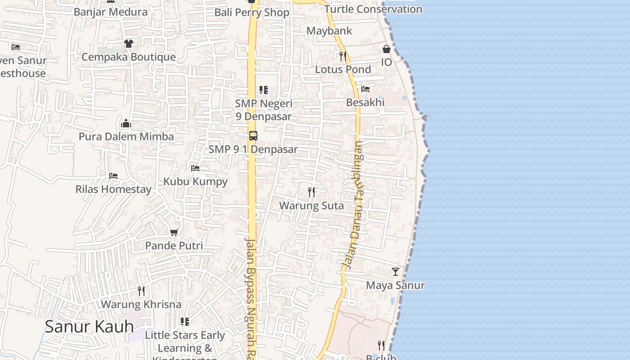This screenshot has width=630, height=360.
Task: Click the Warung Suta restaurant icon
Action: pyautogui.click(x=311, y=192)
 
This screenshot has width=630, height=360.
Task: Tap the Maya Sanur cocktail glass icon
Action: pyautogui.click(x=395, y=272)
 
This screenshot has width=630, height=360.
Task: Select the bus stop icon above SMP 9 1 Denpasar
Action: pyautogui.click(x=253, y=136)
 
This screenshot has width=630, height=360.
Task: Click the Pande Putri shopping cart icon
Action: pyautogui.click(x=174, y=232)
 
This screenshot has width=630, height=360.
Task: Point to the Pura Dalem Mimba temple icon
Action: pyautogui.click(x=126, y=123)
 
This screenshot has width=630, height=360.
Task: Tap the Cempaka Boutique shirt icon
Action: pyautogui.click(x=129, y=44)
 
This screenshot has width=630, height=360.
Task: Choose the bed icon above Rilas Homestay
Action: pyautogui.click(x=113, y=176)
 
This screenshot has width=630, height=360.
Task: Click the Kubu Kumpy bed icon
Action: pyautogui.click(x=195, y=168)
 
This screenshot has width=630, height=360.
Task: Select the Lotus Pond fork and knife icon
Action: pyautogui.click(x=343, y=56)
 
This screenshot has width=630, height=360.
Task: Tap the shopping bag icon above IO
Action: pyautogui.click(x=387, y=49)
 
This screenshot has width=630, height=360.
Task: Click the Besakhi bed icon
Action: pyautogui.click(x=365, y=89)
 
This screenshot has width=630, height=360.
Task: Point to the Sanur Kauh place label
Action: pyautogui.click(x=89, y=327)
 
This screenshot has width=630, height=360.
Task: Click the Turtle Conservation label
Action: pyautogui.click(x=373, y=9)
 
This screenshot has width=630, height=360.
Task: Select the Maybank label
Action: pyautogui.click(x=329, y=31)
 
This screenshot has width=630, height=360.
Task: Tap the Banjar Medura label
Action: pyautogui.click(x=110, y=12)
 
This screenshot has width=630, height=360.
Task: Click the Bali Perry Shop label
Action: pyautogui.click(x=252, y=13)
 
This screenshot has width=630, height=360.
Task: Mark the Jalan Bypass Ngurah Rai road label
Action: pyautogui.click(x=251, y=297)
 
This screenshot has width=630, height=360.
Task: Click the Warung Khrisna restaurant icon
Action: pyautogui.click(x=141, y=291)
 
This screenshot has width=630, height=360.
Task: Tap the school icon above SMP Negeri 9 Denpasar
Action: pyautogui.click(x=264, y=90)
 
